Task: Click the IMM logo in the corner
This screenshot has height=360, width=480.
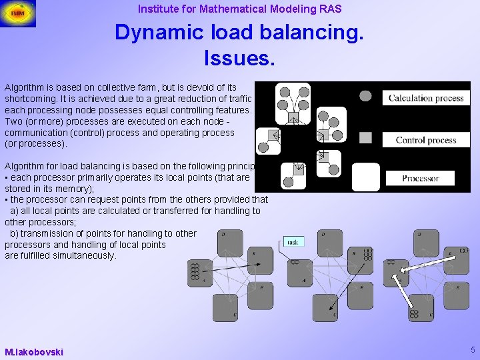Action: coord(18,13)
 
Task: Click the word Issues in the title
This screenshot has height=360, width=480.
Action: coord(239,58)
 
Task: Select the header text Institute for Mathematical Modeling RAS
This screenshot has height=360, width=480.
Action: coord(239,9)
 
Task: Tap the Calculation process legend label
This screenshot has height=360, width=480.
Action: coord(426,98)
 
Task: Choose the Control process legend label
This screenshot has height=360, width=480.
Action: coord(426,140)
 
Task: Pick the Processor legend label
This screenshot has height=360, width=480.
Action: coord(421,178)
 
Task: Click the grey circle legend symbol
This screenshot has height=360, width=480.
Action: coord(365,96)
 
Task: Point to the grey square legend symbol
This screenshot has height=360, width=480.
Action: coord(365,137)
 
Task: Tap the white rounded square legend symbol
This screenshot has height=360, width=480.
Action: coord(365,177)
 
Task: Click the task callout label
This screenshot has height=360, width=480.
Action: coord(293,242)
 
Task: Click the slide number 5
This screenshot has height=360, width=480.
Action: coord(473,350)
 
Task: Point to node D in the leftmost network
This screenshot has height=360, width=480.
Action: coord(229,243)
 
